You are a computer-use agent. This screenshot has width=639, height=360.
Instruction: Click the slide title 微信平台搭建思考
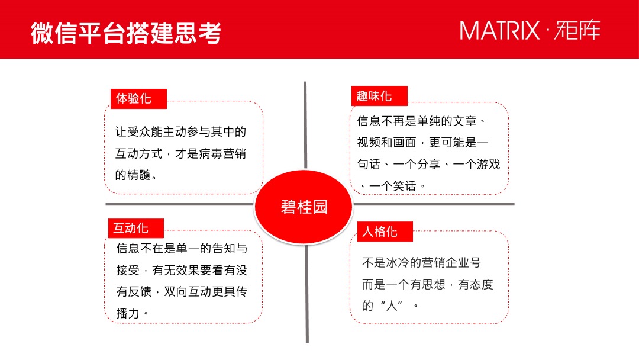(x=125, y=33)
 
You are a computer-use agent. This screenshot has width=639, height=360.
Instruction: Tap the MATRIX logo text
(x=500, y=30)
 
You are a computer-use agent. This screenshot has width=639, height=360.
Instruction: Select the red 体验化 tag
(x=134, y=98)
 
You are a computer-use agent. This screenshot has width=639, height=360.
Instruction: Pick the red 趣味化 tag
(x=375, y=95)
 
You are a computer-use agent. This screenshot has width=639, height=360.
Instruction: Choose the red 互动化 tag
(x=131, y=228)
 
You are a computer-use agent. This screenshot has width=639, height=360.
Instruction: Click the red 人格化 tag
(x=380, y=231)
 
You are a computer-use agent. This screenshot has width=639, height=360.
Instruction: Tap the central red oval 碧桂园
(x=304, y=207)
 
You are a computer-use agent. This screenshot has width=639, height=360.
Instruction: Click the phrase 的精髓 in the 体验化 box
(x=133, y=175)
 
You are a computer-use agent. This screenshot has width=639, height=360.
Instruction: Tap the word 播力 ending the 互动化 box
(x=128, y=313)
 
